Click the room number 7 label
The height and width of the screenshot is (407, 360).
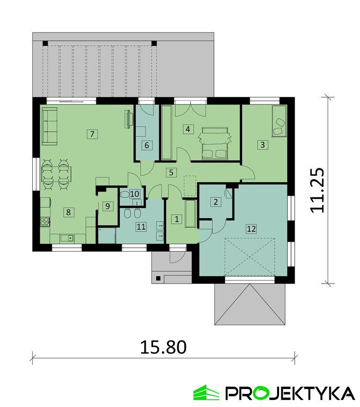coord(92,134)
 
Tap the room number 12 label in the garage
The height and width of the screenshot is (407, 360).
coord(251,228)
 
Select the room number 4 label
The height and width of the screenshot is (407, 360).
coord(188,129)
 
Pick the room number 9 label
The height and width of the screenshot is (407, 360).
coord(107,206)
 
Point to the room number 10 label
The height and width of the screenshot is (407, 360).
coord(135,194)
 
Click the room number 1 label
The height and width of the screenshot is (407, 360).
coord(177,219)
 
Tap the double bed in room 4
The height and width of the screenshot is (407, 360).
coord(214,143)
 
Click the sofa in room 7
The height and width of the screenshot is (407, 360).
coord(50,126)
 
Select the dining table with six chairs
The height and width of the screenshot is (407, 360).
coord(56,174)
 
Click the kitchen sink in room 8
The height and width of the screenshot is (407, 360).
coord(67,238)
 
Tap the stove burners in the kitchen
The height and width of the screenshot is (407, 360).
coord(45,222)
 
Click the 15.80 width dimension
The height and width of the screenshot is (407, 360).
coord(163,347)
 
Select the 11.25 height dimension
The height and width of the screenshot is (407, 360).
coord(317,190)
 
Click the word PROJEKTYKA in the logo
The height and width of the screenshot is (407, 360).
coord(290,393)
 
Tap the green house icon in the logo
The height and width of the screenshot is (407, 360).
coord(206,392)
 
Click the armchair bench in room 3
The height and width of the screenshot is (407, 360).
coord(279,121)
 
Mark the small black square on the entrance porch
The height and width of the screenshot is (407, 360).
coord(158,278)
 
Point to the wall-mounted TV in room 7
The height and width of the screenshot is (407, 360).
coord(128,119)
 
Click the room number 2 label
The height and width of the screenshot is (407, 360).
coord(216,202)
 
